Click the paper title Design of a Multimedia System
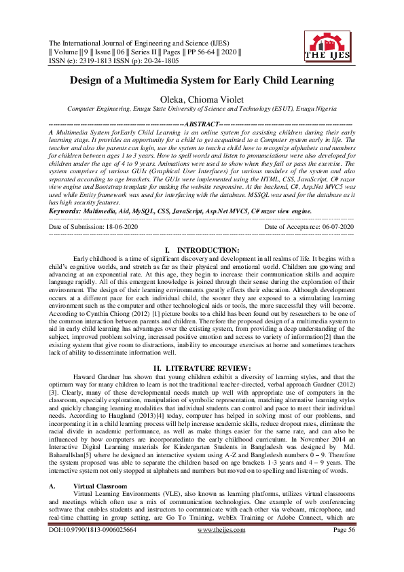pos(202,81)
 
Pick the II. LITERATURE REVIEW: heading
pos(202,368)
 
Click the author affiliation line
pos(202,109)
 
